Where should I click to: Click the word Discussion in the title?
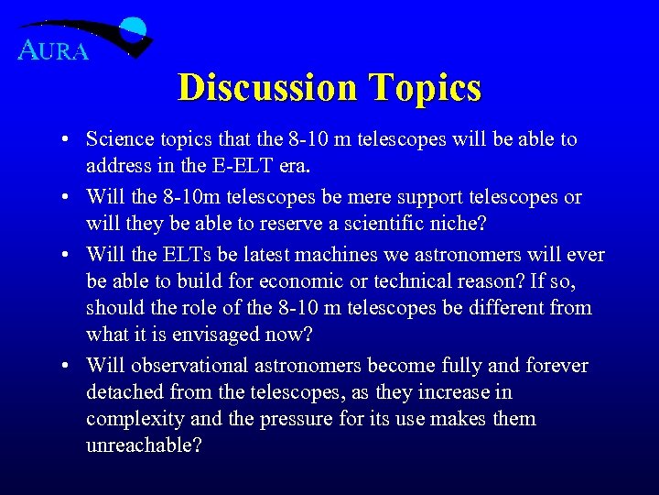267,88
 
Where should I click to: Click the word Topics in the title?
425,88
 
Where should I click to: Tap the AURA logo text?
54,50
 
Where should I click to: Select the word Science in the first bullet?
120,139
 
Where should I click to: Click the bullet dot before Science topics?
69,140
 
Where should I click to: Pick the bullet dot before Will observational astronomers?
69,367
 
